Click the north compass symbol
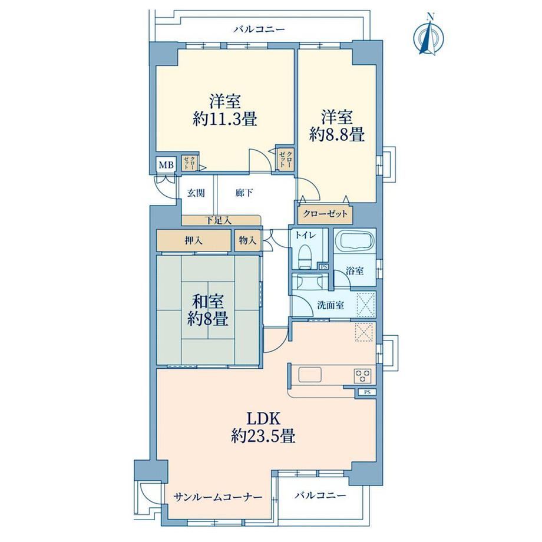[429, 35]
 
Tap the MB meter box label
[166, 165]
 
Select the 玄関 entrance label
[196, 193]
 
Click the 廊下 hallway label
[244, 193]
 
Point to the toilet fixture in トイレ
[305, 256]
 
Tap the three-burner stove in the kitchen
[362, 376]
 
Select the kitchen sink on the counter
[310, 375]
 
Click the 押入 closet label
[194, 240]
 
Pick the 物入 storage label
[247, 240]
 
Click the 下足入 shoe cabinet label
[218, 220]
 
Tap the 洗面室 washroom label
[331, 305]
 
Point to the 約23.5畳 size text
[263, 437]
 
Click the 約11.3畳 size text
[224, 120]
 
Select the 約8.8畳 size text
[337, 134]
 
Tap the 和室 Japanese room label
[208, 302]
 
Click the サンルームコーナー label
[218, 497]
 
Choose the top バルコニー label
[259, 29]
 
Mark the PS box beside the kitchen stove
[367, 392]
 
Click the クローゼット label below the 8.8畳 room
[325, 214]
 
